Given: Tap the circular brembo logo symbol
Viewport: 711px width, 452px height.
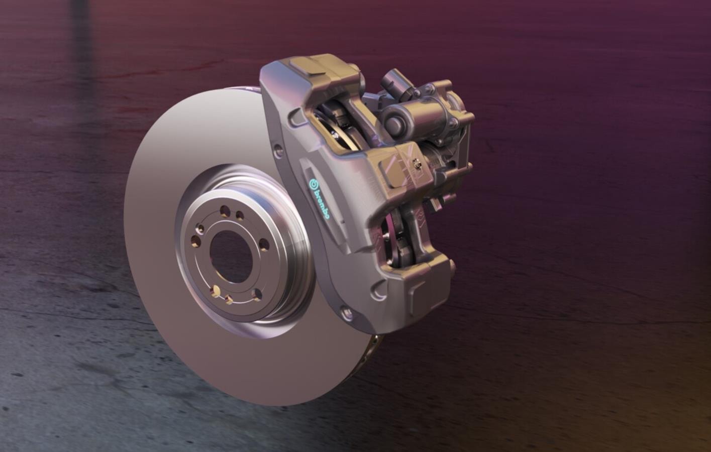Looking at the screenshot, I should coord(314,183).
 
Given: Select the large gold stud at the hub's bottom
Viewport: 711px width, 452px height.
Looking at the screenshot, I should coord(216,290).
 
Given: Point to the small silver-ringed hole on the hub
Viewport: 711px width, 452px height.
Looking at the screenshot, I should coord(200,229).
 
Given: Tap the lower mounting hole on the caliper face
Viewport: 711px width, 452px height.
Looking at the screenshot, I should coord(346,314).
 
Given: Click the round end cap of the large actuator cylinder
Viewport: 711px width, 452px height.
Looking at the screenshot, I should coord(393,122).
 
